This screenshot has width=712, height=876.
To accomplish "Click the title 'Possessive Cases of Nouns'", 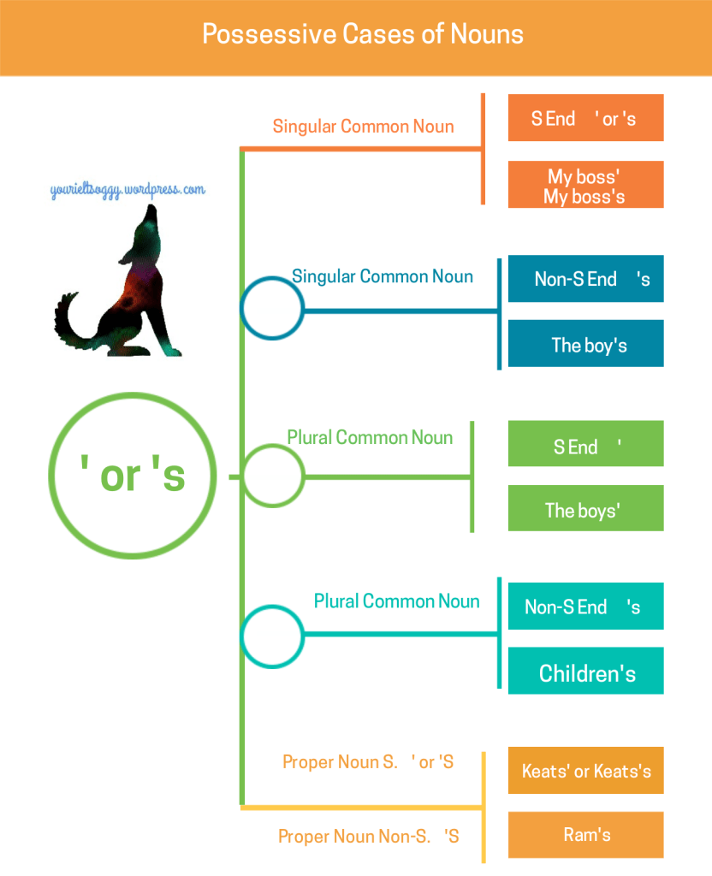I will pos(363,34).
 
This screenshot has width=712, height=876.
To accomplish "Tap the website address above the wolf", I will pos(128,190).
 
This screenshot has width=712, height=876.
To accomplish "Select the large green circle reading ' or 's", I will pos(129,476).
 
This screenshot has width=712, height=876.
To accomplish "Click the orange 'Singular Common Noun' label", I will pos(363,127).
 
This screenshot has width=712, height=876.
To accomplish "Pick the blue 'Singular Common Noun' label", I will pos(383,276).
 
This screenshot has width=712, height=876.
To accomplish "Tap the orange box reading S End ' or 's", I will pos(585,118).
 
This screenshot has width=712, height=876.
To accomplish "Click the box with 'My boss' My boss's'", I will pos(585,185).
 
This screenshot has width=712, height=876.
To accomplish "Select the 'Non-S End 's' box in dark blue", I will pos(585,279).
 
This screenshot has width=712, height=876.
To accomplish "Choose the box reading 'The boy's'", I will pos(585,344).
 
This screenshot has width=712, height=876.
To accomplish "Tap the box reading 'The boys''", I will pos(585,509).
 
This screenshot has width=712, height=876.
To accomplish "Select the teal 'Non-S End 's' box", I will pos(585,607).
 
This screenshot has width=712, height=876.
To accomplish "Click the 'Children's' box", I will pos(585,672).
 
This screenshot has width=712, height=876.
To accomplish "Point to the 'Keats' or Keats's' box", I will pos(585,771).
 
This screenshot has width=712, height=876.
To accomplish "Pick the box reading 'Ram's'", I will pos(585,834).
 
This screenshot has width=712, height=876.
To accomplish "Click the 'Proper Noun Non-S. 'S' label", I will pos(369,836).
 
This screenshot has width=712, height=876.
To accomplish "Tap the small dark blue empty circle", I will pos(272,308).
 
